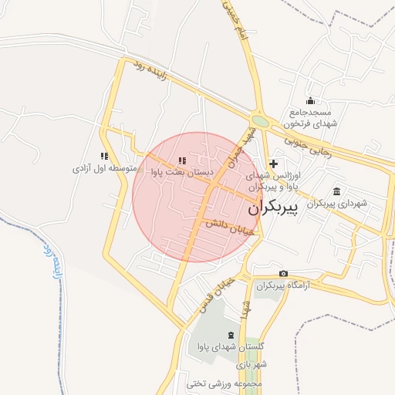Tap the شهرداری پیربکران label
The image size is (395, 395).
tap(337, 204)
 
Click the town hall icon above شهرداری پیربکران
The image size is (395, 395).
tap(337, 191)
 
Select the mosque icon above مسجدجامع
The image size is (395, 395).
tap(310, 100)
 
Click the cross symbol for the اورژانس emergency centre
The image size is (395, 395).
tap(273, 164)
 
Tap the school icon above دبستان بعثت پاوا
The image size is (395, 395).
tap(182, 160)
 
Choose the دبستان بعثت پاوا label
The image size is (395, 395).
tap(182, 173)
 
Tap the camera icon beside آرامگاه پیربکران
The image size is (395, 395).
tap(283, 274)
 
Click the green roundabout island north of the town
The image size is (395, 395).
tap(261, 121)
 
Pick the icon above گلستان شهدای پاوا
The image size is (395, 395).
tap(233, 335)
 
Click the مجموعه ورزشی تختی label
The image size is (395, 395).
tap(225, 383)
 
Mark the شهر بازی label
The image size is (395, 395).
tap(252, 364)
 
